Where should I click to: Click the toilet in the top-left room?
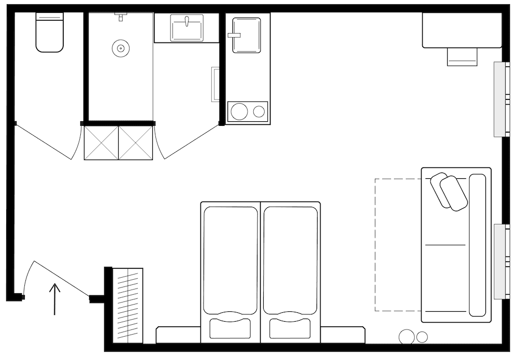(x=49, y=33)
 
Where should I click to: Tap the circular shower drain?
(x=120, y=49)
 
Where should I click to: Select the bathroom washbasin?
(x=187, y=28)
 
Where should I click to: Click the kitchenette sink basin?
(x=247, y=35)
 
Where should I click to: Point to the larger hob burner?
(x=239, y=111)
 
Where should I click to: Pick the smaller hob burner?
(x=259, y=111)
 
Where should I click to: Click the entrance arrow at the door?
(x=55, y=299)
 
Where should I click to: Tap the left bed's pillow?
(x=229, y=328)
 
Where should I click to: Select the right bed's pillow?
(x=290, y=328)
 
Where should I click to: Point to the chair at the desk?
(x=462, y=57)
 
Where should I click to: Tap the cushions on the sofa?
(x=449, y=191)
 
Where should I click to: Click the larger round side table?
(x=407, y=337)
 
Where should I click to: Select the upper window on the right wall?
(x=501, y=99)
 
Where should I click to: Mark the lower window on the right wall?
(x=501, y=261)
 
